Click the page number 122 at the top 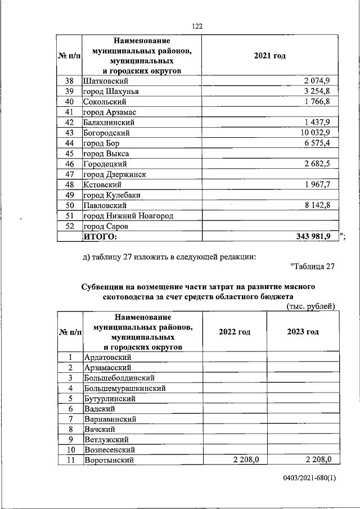pyautogui.click(x=197, y=26)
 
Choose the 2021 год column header pyautogui.click(x=270, y=56)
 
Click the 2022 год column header pyautogui.click(x=235, y=331)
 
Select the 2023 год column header pyautogui.click(x=303, y=331)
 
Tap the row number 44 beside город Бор pyautogui.click(x=70, y=143)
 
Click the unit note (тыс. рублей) pyautogui.click(x=311, y=306)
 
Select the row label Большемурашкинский pyautogui.click(x=124, y=388)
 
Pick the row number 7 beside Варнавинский pyautogui.click(x=70, y=419)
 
